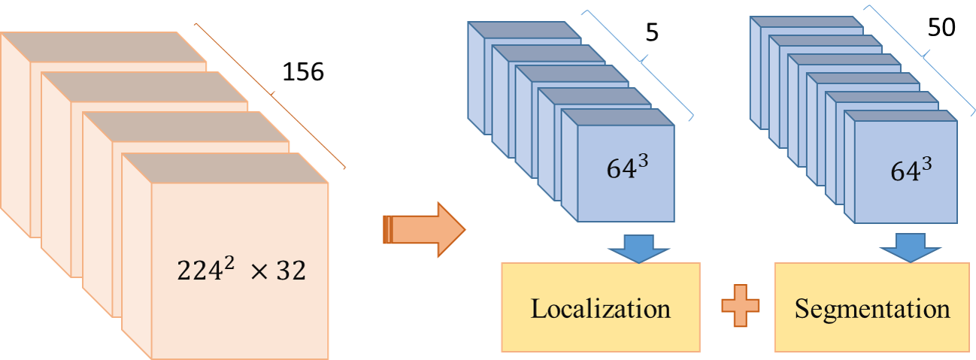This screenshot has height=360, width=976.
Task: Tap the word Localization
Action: [x=600, y=308]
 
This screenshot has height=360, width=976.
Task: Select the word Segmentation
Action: [x=872, y=308]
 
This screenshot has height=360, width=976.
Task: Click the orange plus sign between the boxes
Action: [x=740, y=308]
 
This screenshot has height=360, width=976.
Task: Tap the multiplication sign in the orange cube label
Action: [x=259, y=271]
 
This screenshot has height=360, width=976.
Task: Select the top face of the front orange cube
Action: [x=226, y=168]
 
